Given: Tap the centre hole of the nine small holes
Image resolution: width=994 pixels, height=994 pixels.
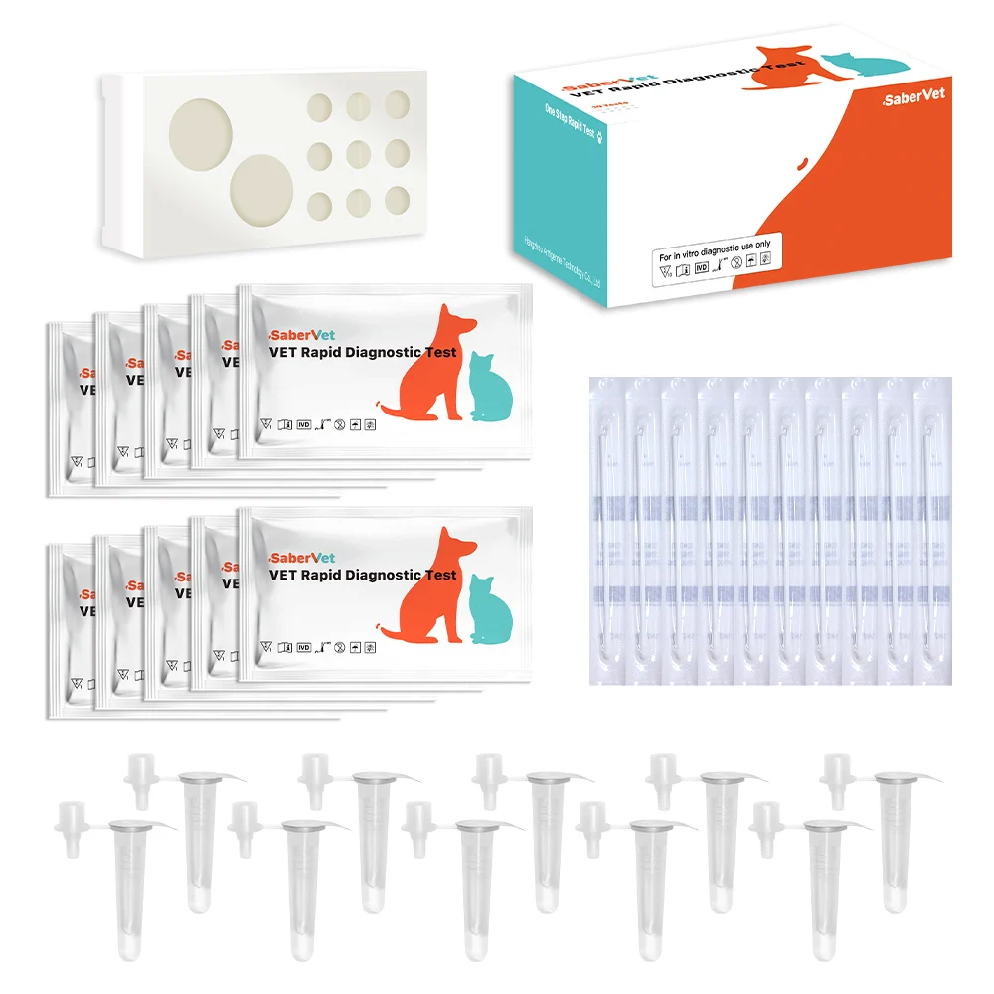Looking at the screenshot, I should pos(358,154).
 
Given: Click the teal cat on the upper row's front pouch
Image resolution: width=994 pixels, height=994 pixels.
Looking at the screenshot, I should pos(488,388).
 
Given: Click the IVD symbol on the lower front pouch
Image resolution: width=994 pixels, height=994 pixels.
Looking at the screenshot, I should pos(304,647).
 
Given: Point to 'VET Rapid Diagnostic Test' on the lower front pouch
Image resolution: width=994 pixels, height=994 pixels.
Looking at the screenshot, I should pos(363,576).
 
